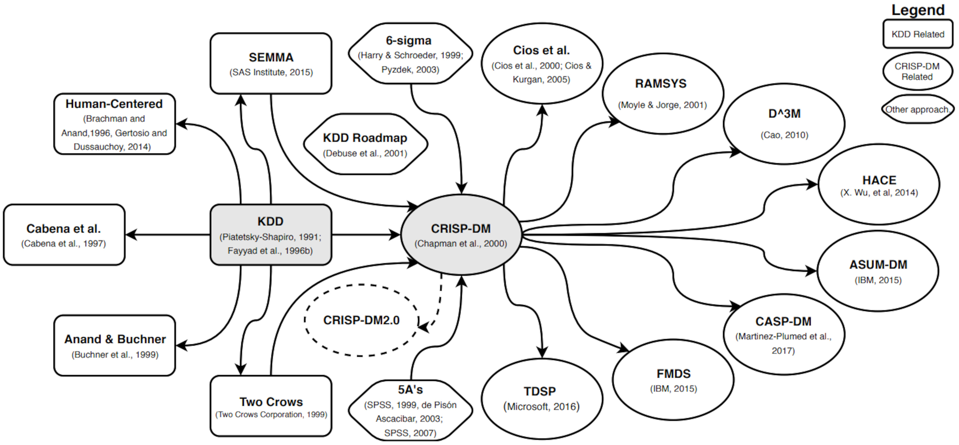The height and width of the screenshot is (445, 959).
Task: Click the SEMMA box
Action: click(271, 63)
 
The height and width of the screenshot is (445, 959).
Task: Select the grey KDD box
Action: click(271, 235)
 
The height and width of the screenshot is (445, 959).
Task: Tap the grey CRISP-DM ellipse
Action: click(461, 235)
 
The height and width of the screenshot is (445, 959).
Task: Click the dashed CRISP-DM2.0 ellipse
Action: click(361, 320)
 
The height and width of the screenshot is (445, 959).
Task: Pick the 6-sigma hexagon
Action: click(410, 54)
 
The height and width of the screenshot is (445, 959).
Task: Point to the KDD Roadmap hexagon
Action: click(365, 144)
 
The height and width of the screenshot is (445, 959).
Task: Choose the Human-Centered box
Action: click(114, 124)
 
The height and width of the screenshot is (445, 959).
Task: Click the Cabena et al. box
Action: click(64, 235)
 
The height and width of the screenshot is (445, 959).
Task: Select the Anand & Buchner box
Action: click(114, 345)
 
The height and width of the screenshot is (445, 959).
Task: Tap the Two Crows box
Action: click(271, 406)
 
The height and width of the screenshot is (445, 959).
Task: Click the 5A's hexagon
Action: click(410, 410)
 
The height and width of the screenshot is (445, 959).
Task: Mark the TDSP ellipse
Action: click(541, 399)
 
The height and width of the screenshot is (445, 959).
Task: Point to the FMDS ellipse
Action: click(673, 380)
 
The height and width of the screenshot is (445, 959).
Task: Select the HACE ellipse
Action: click(879, 184)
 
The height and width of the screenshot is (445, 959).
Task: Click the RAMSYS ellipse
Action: click(662, 94)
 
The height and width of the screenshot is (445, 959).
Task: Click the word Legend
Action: click(918, 10)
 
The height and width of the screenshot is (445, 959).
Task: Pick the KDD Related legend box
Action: click(918, 34)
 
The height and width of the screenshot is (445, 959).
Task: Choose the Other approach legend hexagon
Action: click(917, 109)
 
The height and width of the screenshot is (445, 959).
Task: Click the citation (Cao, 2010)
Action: click(784, 135)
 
